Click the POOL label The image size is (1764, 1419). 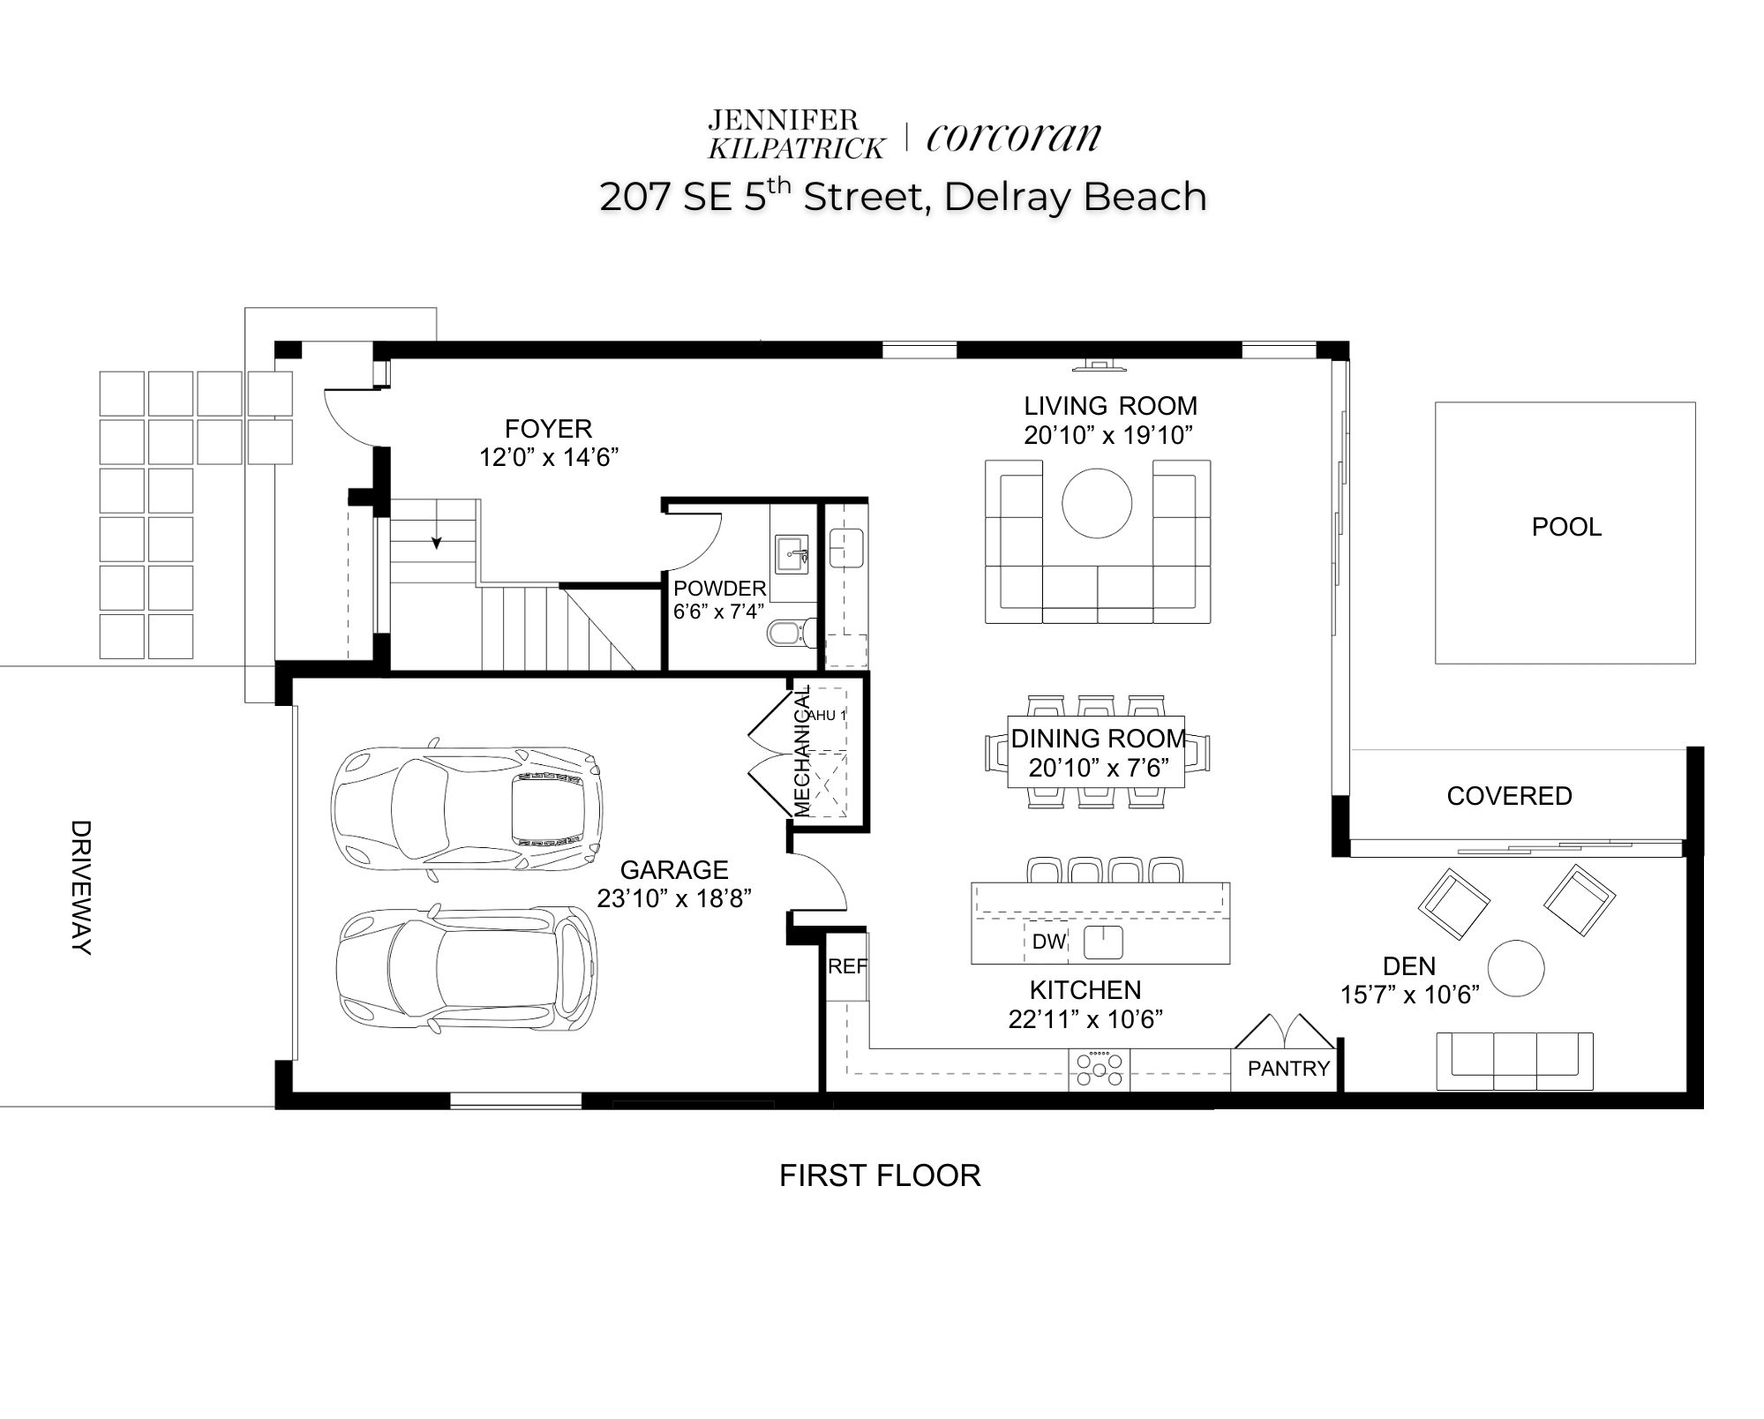coord(1566,527)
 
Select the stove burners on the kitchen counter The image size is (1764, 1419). coord(1099,1069)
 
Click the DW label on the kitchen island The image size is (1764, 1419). coord(1048,942)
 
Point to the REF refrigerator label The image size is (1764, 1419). coord(847,966)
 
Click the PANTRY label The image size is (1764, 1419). coord(1288,1069)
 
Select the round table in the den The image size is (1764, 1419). coord(1516,968)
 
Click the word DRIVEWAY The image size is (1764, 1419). coord(80,888)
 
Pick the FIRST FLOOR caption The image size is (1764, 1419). coord(880,1175)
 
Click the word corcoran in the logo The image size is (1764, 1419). coord(1014,138)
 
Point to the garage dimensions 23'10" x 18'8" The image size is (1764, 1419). coord(674,898)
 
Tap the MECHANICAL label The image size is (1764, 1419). coord(801,751)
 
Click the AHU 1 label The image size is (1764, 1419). coord(827,715)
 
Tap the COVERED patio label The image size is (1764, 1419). coord(1509,796)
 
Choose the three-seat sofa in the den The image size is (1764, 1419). coord(1514,1061)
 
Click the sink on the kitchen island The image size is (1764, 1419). coord(1103,942)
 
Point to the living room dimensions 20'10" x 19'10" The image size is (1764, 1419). coord(1108,435)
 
